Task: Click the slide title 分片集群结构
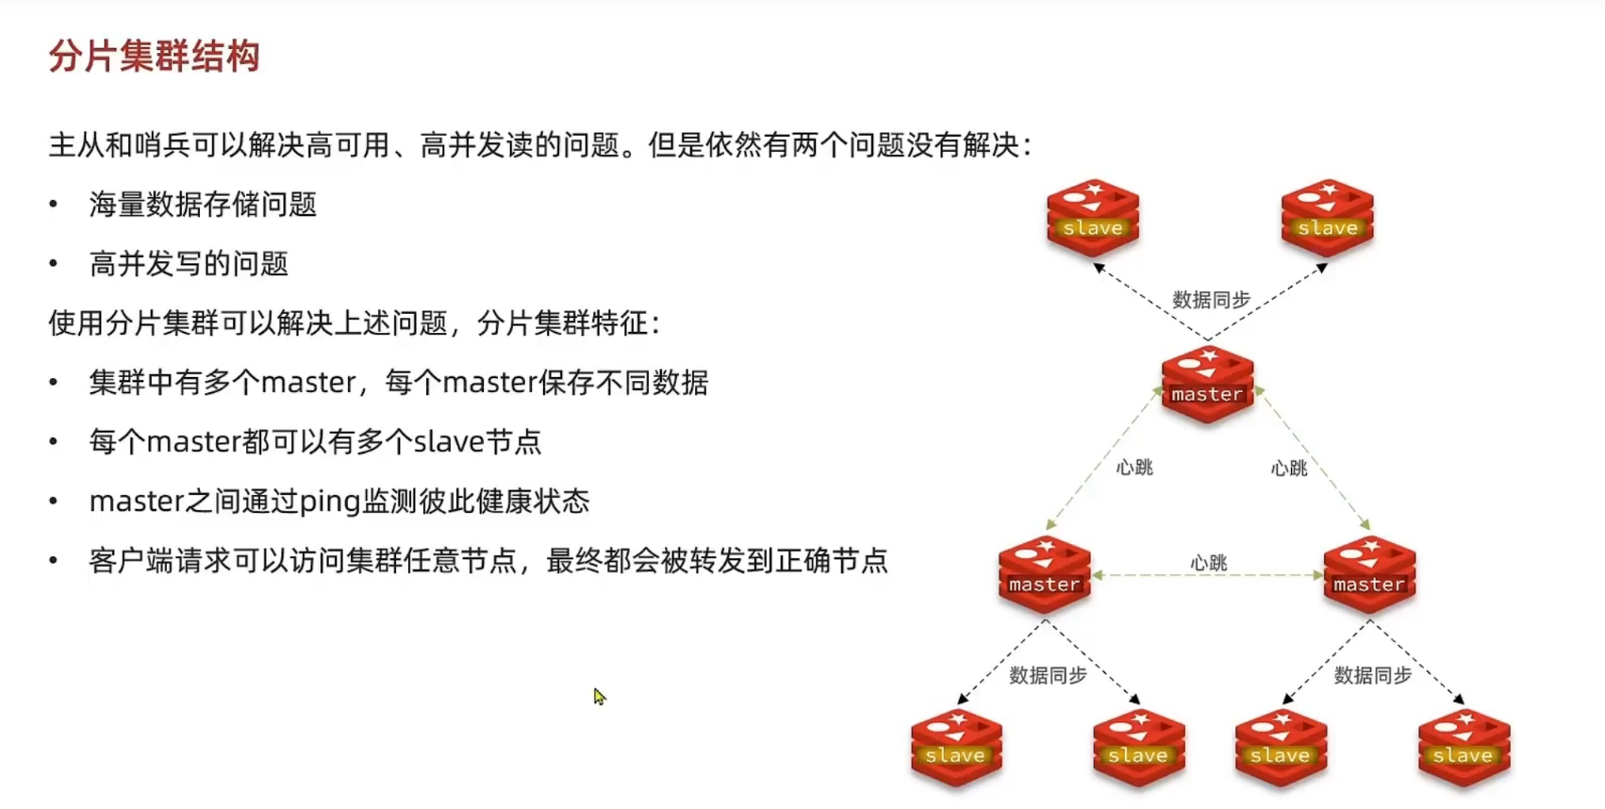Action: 154,57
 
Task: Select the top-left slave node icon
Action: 1093,218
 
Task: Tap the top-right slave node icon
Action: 1327,218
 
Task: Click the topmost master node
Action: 1207,385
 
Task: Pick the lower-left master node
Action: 1044,574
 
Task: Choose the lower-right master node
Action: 1369,574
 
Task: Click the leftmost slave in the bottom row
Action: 956,747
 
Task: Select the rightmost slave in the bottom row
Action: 1464,747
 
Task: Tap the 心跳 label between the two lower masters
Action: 1208,563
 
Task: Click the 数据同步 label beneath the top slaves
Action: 1211,300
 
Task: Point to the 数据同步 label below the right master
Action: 1372,675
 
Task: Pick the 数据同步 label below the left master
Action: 1048,675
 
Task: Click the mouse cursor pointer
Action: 598,696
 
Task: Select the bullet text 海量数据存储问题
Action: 203,205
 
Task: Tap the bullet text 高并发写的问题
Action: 189,264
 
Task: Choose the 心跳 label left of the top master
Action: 1134,468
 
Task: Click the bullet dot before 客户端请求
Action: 54,561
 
